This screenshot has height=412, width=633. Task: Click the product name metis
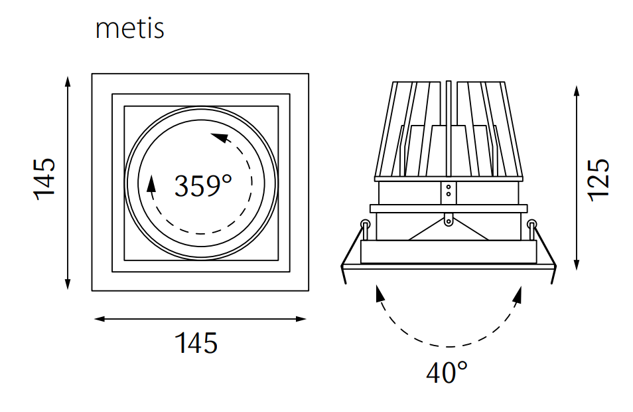(x=129, y=29)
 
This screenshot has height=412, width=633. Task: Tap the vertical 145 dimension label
(x=45, y=178)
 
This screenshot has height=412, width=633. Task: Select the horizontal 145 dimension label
(x=196, y=344)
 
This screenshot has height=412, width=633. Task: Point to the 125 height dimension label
(x=598, y=178)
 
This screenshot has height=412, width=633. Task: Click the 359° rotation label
(x=203, y=186)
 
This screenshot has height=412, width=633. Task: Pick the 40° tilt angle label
(x=447, y=373)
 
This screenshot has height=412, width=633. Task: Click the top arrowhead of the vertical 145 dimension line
(x=68, y=81)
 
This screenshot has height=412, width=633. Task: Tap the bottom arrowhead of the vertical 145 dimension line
(x=68, y=284)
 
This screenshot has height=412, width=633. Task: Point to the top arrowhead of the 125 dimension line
(x=578, y=90)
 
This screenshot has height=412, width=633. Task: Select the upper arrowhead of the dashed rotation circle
(x=218, y=139)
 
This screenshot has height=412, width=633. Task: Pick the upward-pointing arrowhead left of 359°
(x=151, y=182)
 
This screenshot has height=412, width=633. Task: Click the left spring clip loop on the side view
(x=364, y=223)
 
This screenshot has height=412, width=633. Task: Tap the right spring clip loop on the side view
(x=531, y=223)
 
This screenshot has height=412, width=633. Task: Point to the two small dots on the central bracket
(x=449, y=191)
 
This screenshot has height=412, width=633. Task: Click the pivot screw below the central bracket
(x=449, y=217)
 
